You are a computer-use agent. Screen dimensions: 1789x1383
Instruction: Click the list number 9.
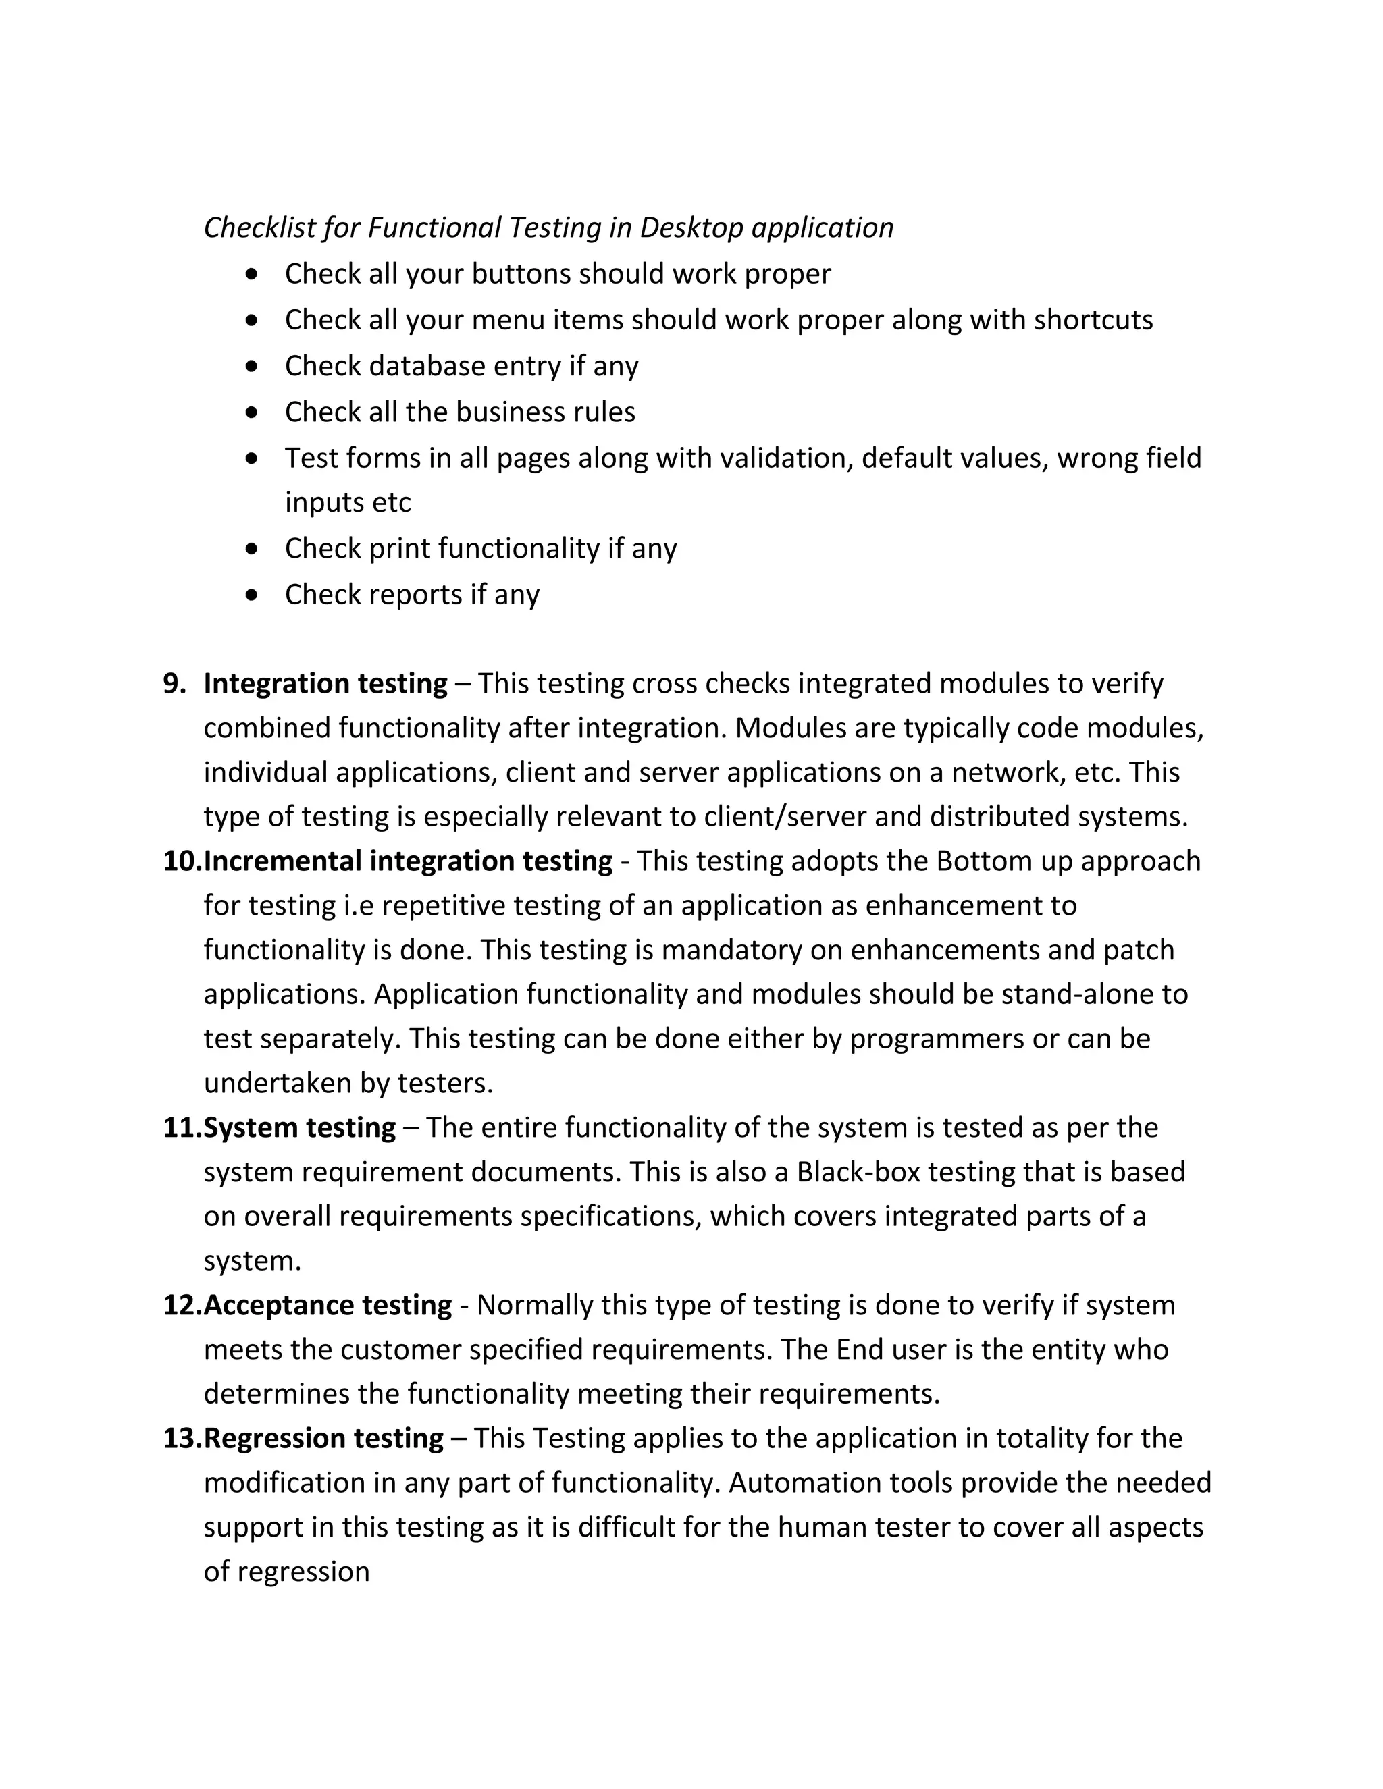point(174,683)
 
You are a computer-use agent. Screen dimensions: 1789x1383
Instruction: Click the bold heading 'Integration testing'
point(325,683)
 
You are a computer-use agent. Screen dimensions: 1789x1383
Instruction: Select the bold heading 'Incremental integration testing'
point(408,861)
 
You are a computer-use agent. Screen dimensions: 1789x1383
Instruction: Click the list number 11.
point(182,1127)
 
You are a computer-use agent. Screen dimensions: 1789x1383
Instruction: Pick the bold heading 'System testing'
point(299,1127)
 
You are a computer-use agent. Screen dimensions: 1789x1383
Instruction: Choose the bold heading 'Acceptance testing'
point(328,1305)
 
